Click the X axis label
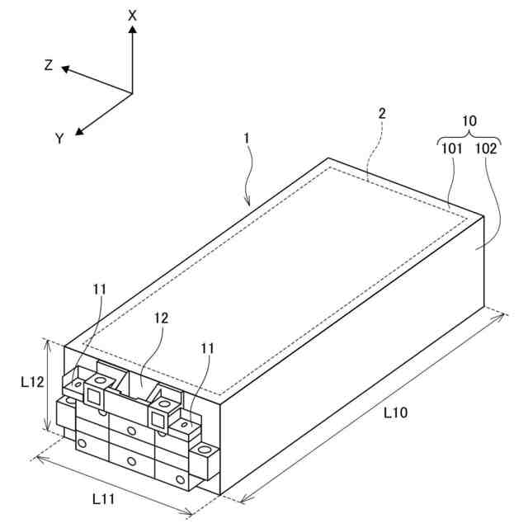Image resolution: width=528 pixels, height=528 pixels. (x=133, y=15)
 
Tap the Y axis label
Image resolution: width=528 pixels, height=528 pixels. (x=59, y=139)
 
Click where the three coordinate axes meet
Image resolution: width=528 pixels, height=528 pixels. (x=132, y=92)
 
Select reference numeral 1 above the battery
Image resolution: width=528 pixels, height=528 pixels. (x=247, y=140)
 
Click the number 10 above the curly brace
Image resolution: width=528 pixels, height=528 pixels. (x=469, y=120)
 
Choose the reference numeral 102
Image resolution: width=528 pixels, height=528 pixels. (x=487, y=149)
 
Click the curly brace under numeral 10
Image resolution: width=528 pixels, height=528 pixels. (x=469, y=136)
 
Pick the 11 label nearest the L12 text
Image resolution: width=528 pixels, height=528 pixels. (x=99, y=290)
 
